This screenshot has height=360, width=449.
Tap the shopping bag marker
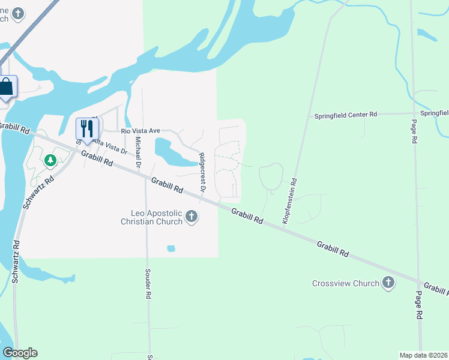pos(6,87)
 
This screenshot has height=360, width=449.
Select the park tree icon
pos(50,160)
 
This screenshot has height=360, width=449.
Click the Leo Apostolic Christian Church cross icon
pos(191,217)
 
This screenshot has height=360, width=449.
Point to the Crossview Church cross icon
pos(388,282)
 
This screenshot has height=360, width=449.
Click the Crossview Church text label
pos(346,283)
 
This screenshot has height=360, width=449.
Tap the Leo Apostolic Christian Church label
pos(151,217)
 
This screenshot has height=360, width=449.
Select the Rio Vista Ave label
pos(140,130)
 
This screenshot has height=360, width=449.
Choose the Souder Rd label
pos(148,283)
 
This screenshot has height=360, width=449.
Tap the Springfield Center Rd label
pos(345,114)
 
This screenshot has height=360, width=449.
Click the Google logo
pos(20,353)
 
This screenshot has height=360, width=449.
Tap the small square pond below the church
pos(171,248)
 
